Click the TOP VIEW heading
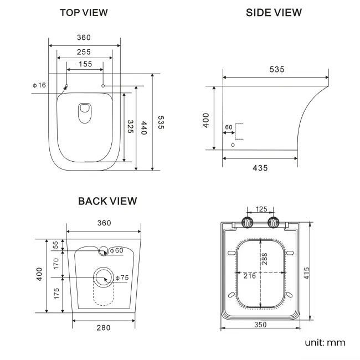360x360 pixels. pos(84,12)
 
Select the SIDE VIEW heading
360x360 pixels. pos(274,12)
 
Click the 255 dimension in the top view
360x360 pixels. pos(84,52)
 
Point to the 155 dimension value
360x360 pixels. pos(85,64)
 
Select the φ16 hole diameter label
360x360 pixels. pos(39,85)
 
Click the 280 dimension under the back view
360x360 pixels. pos(102,328)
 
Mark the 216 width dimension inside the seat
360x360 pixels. pos(249,275)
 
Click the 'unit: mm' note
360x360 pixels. pos(325,342)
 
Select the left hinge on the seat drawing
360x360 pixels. pos(247,223)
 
